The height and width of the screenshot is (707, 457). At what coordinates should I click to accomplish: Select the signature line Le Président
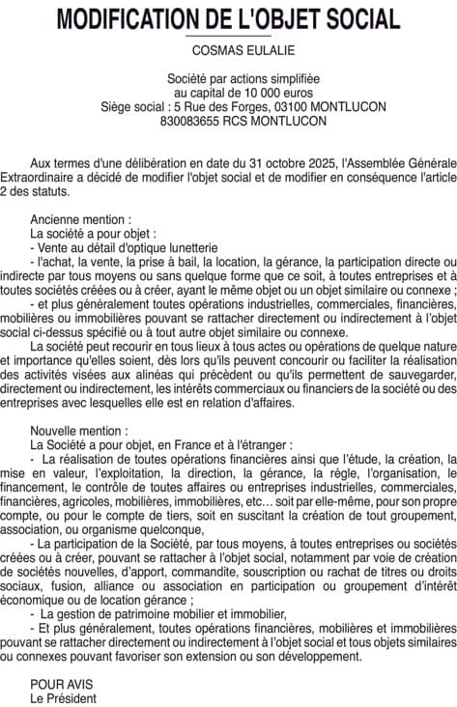coord(63,697)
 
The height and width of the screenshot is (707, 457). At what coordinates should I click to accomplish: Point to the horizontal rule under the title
coord(228,36)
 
